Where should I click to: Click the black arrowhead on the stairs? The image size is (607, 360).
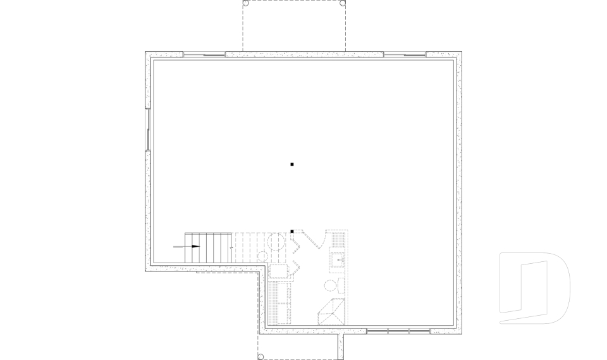(195, 246)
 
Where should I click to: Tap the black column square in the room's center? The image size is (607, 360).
(292, 164)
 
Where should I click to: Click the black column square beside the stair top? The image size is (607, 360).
(292, 232)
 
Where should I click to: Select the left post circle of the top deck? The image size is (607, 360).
(246, 3)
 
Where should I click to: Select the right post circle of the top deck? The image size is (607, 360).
(343, 3)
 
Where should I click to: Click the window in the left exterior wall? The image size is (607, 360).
(148, 130)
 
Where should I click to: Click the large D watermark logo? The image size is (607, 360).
(534, 289)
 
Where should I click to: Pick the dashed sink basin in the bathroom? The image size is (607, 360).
(338, 259)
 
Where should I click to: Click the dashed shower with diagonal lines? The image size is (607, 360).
(331, 312)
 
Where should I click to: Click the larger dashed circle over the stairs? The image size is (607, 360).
(276, 241)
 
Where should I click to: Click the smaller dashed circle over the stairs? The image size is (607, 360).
(262, 256)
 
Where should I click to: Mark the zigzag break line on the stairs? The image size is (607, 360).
(233, 247)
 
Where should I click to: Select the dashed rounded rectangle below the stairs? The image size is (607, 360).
(279, 271)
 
